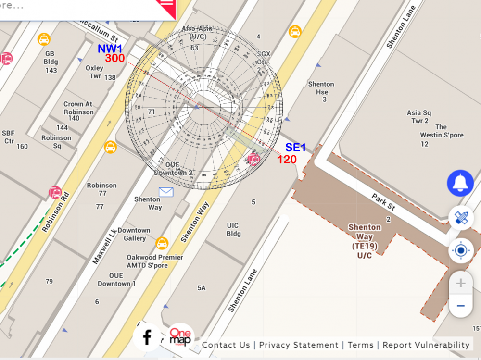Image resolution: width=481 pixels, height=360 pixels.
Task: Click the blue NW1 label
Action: (110, 49)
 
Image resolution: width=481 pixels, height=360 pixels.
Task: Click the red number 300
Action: (115, 59)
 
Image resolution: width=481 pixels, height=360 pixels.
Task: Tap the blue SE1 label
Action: (295, 148)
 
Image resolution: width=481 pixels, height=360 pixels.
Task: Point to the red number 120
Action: (287, 160)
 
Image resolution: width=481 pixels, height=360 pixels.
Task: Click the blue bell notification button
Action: (460, 183)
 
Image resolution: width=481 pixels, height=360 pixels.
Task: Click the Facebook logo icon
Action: (147, 337)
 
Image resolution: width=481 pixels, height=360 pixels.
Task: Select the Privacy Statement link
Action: (299, 345)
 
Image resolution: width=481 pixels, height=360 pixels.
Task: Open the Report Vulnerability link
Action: (426, 345)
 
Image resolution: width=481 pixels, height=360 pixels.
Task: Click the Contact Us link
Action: (226, 345)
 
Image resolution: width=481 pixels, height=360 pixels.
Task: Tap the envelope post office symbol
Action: (166, 192)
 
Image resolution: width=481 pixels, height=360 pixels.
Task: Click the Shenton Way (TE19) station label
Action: (365, 241)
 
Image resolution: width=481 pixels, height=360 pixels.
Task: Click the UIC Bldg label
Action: (233, 230)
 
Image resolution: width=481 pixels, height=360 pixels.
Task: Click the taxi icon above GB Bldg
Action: (44, 39)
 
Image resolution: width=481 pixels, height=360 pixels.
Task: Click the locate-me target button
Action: (461, 250)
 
